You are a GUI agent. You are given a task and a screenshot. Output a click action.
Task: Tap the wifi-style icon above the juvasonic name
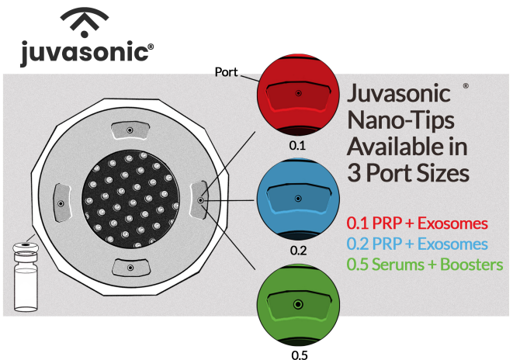[85, 22]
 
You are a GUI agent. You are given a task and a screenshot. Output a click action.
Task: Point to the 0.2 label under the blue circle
[298, 251]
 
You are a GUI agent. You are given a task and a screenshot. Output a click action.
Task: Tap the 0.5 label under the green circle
[298, 355]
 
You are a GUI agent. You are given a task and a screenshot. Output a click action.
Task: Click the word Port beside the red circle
[227, 71]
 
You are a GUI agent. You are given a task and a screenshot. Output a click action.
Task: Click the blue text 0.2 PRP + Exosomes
[418, 244]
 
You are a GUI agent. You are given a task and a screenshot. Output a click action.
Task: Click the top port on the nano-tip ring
[130, 130]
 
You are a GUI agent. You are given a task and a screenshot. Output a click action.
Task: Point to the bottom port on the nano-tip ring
[130, 266]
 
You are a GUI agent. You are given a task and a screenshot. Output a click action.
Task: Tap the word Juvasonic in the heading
[399, 96]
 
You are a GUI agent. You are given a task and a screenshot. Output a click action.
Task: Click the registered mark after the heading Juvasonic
[465, 86]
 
